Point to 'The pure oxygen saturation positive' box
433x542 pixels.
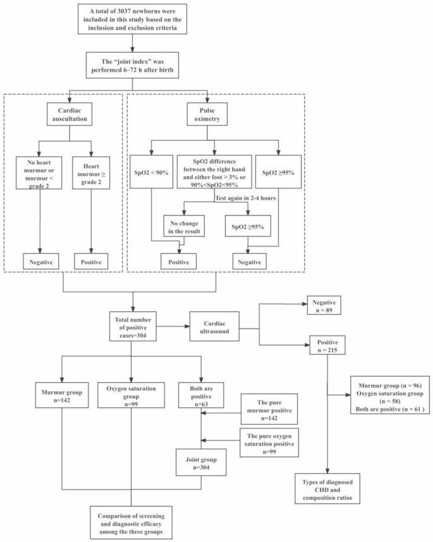click(267, 441)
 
